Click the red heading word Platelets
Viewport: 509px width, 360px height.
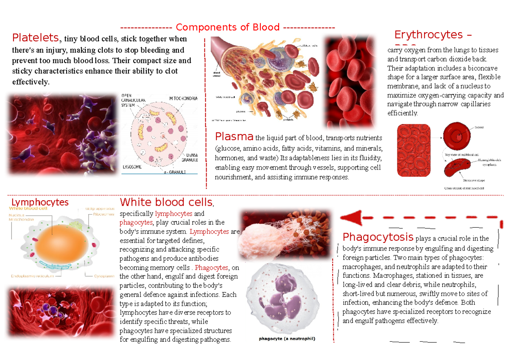36,38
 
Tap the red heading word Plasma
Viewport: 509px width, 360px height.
234,137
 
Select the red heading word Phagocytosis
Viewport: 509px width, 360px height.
378,237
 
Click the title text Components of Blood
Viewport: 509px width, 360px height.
227,28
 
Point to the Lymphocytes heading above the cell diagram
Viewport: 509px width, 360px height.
40,202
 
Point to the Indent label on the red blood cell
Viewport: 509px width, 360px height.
479,127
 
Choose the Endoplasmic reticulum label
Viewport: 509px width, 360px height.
32,275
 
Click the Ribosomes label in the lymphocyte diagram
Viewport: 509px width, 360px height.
104,215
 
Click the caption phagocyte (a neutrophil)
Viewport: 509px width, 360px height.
287,339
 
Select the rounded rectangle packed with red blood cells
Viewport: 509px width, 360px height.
414,150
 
